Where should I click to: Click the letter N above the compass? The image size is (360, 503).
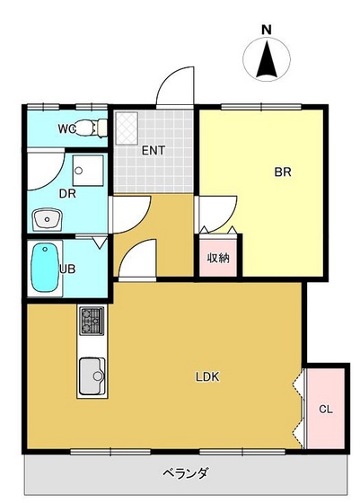pyautogui.click(x=266, y=30)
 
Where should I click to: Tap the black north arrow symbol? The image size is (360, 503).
pyautogui.click(x=266, y=60)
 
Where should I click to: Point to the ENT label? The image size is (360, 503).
pyautogui.click(x=152, y=150)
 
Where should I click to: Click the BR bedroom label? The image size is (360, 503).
pyautogui.click(x=282, y=172)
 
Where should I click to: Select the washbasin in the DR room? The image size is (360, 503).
pyautogui.click(x=47, y=218)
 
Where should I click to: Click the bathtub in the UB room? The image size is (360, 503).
pyautogui.click(x=43, y=268)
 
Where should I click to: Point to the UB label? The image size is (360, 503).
pyautogui.click(x=66, y=268)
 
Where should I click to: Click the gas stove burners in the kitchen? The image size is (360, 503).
pyautogui.click(x=92, y=318)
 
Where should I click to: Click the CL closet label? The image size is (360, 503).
pyautogui.click(x=326, y=410)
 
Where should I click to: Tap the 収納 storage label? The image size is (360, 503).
pyautogui.click(x=218, y=258)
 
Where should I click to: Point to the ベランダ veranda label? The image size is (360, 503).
pyautogui.click(x=186, y=472)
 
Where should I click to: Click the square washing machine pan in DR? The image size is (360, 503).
pyautogui.click(x=88, y=168)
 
